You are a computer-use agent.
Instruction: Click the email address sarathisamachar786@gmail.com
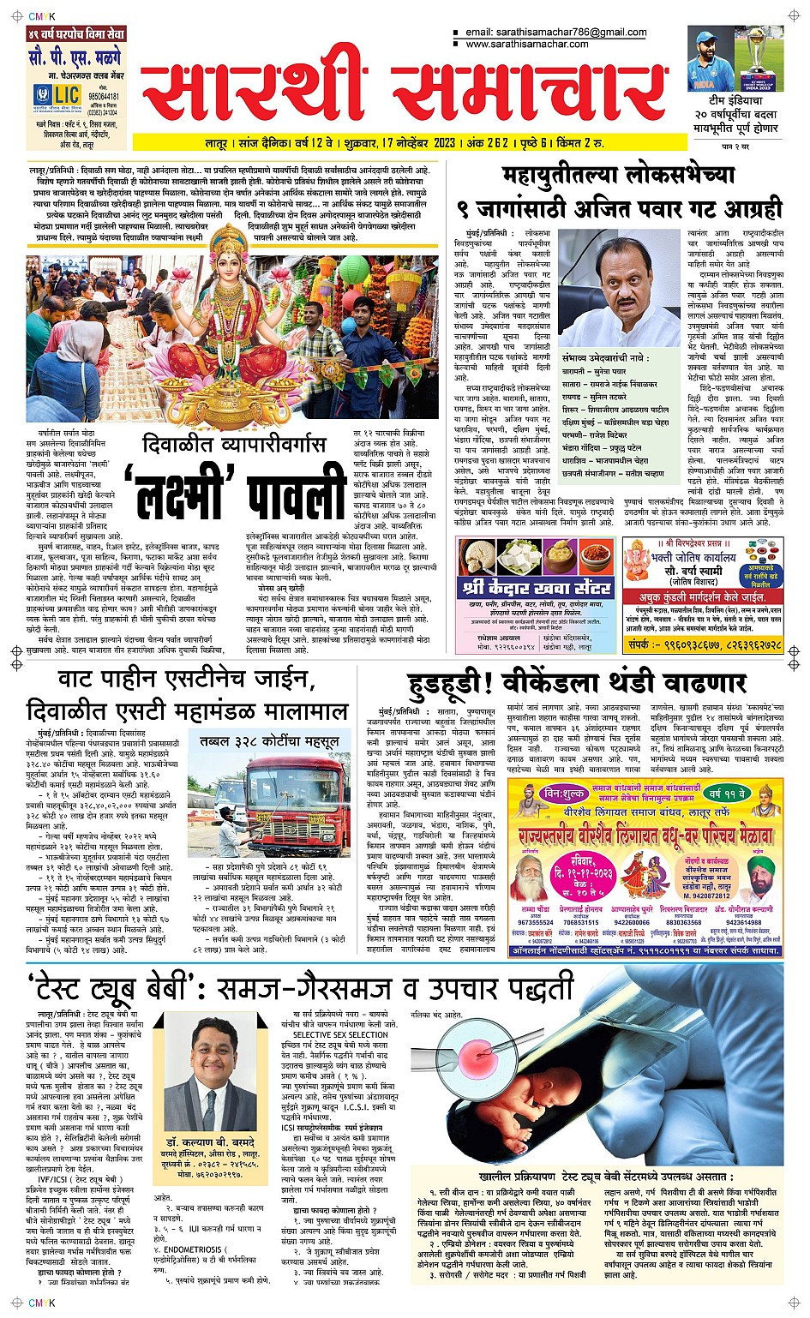coord(556,33)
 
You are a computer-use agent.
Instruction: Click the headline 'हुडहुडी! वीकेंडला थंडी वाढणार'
coord(577,682)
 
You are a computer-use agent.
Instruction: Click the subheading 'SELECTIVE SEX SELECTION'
coord(340,1034)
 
